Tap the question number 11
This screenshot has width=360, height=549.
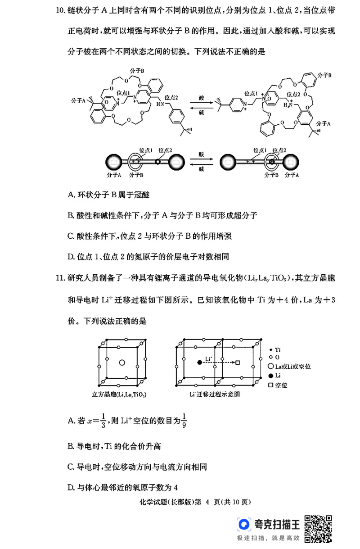pos(61,277)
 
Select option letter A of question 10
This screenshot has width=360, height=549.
pos(71,195)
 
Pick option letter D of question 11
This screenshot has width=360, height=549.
pos(71,487)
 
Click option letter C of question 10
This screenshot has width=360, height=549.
pos(71,236)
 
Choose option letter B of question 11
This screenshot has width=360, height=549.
pos(71,446)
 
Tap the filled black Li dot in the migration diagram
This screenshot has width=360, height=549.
pos(199,362)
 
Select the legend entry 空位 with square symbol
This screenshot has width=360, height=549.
pos(277,385)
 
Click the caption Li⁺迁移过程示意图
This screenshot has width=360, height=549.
pos(215,395)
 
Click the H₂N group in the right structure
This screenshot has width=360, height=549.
pos(287,105)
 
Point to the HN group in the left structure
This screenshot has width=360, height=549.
pos(160,104)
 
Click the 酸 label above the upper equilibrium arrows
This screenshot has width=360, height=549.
pos(201,97)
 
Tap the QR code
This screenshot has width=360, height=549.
pos(318,528)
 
